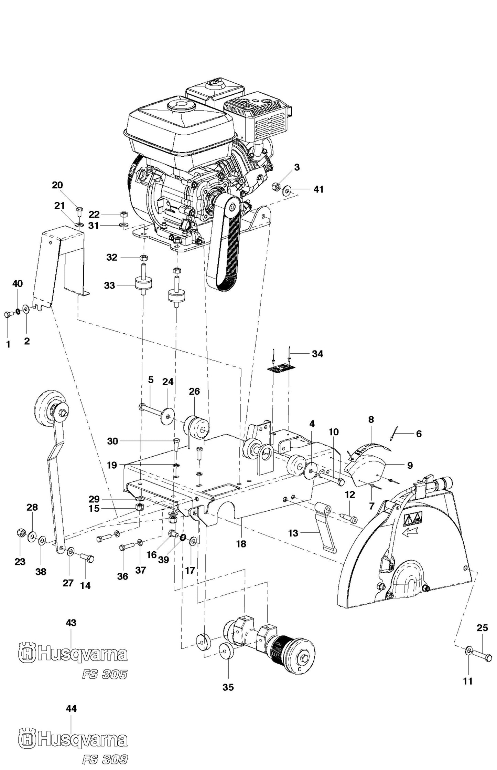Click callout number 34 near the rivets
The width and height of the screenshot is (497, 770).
coord(317,354)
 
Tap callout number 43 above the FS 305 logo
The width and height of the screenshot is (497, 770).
coord(71,623)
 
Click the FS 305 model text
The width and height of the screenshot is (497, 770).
coord(105,674)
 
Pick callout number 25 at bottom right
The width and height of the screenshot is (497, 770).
coord(482,628)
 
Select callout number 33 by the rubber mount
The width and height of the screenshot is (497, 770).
coord(109,285)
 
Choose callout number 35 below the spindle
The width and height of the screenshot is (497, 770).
coord(228,687)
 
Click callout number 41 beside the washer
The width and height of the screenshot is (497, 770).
coord(318,189)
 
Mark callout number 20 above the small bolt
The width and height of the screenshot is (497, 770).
coord(57,185)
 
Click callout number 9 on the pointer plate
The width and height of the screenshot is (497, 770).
coord(410,465)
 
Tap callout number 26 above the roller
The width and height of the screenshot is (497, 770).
coord(194,392)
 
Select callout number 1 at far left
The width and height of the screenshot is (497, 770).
coord(8,344)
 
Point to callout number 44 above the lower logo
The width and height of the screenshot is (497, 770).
coord(71,708)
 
